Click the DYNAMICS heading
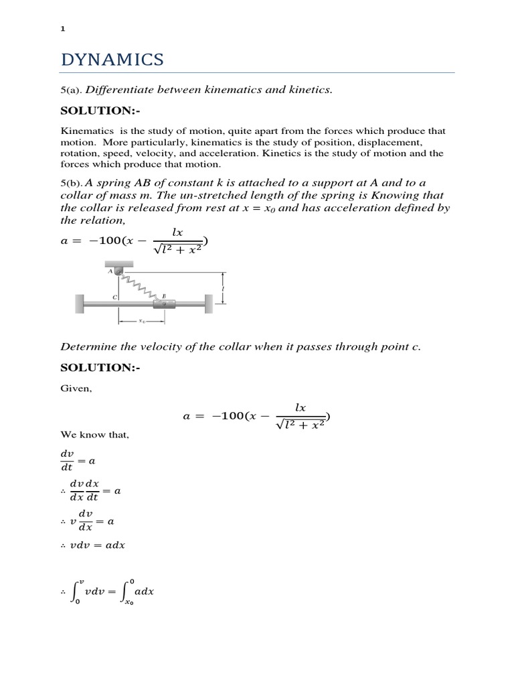(112, 60)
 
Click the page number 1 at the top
(62, 29)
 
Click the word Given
(76, 389)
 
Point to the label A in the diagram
(110, 271)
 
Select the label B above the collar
(164, 295)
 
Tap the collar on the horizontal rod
(165, 305)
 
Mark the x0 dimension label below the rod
(142, 321)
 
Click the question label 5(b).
(72, 184)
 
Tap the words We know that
(94, 435)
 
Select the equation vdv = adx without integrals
(93, 545)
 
